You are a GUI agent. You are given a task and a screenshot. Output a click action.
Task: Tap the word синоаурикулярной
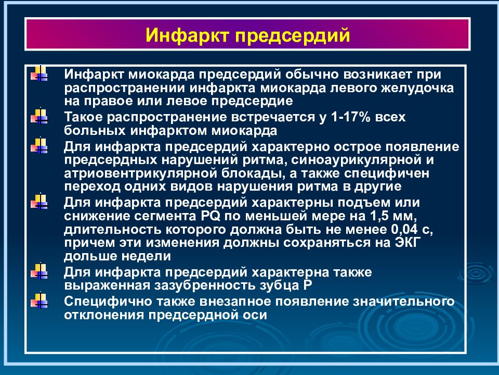coord(373,159)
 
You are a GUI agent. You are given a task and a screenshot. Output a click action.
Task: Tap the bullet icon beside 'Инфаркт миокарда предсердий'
coord(40,73)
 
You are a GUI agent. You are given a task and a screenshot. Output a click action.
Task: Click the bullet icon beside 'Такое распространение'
coord(40,117)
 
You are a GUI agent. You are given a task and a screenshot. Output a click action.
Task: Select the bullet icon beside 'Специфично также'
coord(40,301)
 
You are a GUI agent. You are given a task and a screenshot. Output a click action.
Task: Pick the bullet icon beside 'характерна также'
coord(40,271)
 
